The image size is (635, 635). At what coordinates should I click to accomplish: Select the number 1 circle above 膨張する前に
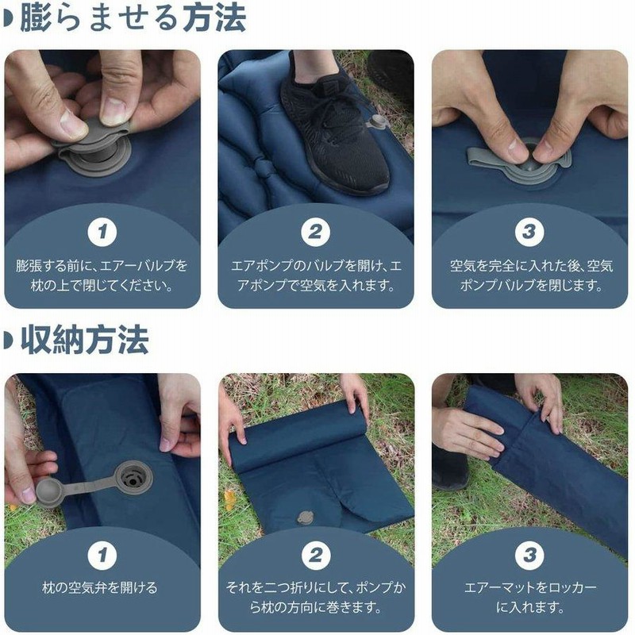[102, 233]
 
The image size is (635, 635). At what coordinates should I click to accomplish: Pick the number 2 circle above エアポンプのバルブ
[315, 233]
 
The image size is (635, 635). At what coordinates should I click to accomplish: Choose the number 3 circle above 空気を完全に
[529, 233]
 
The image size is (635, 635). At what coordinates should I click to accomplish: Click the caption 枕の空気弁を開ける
[102, 588]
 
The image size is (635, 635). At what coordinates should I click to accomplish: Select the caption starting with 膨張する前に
[102, 275]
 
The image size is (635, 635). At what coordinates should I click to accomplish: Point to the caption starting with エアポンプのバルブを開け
[315, 275]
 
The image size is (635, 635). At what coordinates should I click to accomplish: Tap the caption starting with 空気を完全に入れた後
[529, 275]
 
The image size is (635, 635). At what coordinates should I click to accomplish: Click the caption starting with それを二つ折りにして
[315, 598]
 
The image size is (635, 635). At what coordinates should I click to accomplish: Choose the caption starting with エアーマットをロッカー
[529, 598]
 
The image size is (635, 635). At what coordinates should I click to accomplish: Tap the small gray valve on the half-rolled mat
[303, 518]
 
